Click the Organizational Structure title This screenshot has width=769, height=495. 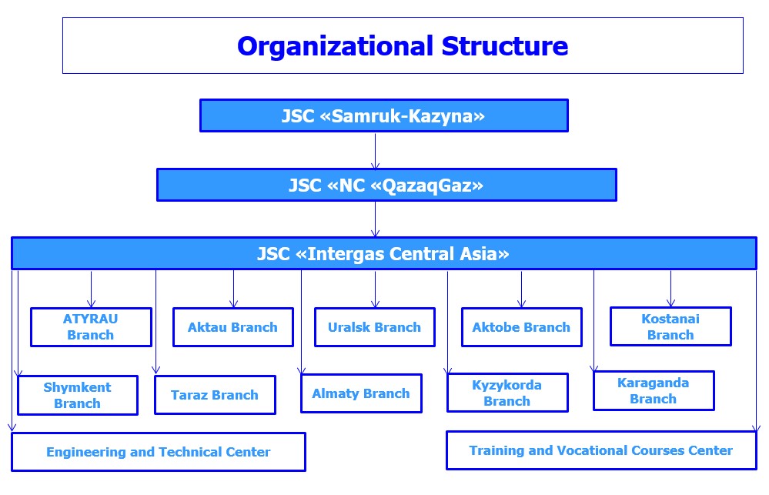tap(402, 46)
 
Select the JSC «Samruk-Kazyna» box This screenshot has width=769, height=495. tap(383, 115)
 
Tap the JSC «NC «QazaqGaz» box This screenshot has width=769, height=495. tap(386, 185)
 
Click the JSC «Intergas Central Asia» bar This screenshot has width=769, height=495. tap(383, 253)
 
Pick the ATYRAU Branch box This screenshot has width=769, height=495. tap(91, 327)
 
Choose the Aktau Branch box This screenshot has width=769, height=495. tap(232, 327)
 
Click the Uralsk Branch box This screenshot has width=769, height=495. tap(374, 327)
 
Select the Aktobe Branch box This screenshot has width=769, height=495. tap(521, 327)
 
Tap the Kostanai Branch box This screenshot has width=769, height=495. tap(670, 327)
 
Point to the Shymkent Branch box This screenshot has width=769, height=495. tap(77, 395)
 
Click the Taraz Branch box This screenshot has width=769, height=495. tap(215, 395)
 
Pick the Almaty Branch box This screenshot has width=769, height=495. tap(361, 393)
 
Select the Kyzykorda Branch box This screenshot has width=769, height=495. tap(507, 393)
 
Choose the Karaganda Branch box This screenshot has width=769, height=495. tap(654, 390)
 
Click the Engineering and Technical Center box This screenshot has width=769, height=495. tap(158, 452)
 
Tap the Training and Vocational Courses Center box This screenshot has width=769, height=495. tap(601, 450)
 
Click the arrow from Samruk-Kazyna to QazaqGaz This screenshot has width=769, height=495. tap(376, 151)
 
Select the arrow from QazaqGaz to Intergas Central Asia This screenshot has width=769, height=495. tap(376, 219)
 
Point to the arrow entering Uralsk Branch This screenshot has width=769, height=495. tap(376, 289)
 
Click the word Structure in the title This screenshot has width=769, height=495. tap(504, 46)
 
